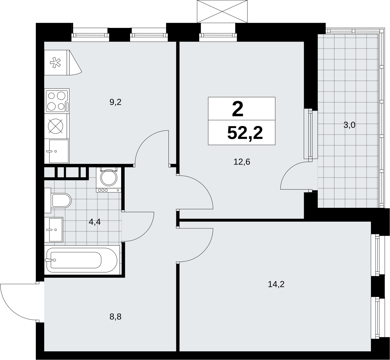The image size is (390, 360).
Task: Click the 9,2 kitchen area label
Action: [115, 102]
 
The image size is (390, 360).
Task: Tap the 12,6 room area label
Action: [242, 162]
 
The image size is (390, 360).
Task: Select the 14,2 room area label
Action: [276, 284]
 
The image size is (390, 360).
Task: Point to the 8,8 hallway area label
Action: [115, 317]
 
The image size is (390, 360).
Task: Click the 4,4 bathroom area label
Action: [95, 222]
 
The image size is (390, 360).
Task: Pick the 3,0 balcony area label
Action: [349, 125]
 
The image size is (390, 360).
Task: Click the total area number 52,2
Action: [245, 133]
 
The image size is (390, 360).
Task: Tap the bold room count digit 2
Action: [238, 110]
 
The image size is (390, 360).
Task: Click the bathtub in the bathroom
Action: [82, 260]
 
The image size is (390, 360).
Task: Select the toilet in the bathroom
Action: [58, 200]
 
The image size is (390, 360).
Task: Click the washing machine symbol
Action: [108, 180]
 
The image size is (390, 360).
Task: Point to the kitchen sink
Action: [57, 151]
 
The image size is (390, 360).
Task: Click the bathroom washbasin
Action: [54, 230]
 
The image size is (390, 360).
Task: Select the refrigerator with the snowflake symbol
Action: [63, 63]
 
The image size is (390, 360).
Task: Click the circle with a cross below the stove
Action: [55, 126]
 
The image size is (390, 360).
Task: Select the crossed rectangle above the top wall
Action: [222, 12]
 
